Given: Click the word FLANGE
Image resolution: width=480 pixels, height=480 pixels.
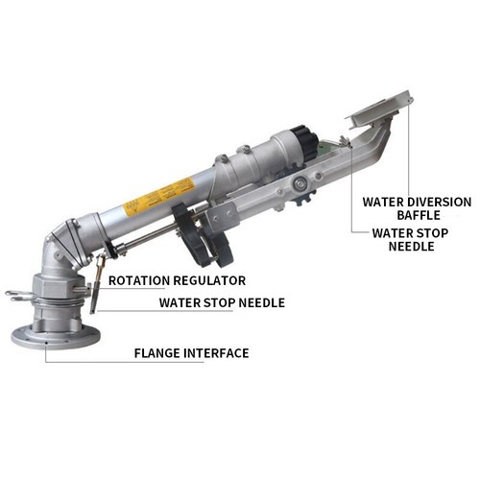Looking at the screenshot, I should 157,353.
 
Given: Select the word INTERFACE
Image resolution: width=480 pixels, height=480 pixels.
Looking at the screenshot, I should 216,353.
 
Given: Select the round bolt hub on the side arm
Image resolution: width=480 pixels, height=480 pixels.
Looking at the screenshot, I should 300,182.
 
